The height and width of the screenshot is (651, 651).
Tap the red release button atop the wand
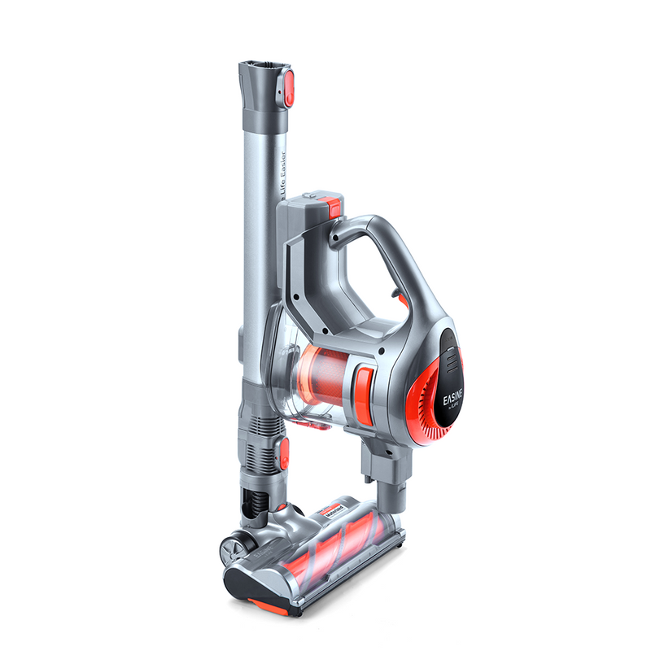[x=288, y=87]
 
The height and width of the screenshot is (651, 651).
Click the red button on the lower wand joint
[x=284, y=456]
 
